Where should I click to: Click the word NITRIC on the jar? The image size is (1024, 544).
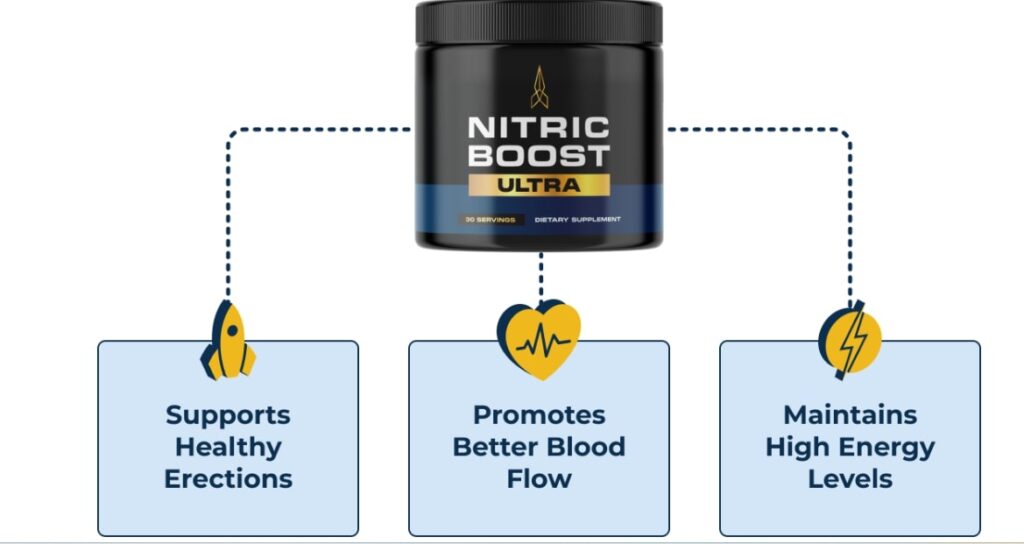[539, 130]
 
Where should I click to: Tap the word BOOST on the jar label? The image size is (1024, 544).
[539, 157]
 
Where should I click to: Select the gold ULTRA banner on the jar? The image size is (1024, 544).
[539, 185]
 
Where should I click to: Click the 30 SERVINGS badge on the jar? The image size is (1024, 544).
[488, 218]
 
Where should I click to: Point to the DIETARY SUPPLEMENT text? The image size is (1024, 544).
[577, 218]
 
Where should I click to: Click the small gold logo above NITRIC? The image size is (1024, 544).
[539, 87]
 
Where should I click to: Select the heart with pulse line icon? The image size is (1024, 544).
[539, 340]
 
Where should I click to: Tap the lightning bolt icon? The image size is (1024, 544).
[850, 340]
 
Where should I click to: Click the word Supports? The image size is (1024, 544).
[228, 415]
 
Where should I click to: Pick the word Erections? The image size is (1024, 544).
[228, 478]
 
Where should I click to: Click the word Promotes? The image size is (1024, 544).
[539, 415]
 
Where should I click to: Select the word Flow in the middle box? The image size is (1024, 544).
[539, 478]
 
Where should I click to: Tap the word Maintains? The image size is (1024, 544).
[850, 415]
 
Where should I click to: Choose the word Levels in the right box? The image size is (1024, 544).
[850, 478]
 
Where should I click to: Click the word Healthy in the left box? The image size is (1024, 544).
[228, 447]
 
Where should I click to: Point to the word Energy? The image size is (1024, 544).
[890, 447]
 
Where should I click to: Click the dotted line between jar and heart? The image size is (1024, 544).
[541, 275]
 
